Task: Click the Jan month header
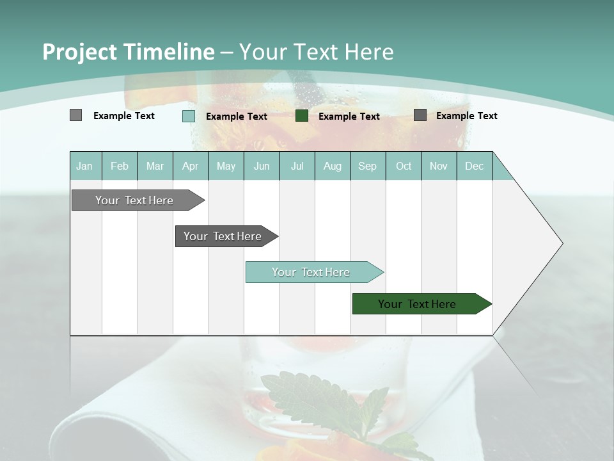coord(84,166)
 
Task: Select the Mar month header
coord(155,166)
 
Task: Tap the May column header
coord(226,166)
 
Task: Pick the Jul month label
coord(297,166)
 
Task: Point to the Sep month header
coord(367,166)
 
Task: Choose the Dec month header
coord(474,166)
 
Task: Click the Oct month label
coord(404,166)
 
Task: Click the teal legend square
coord(189,116)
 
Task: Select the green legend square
coord(302,116)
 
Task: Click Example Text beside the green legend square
coord(349,117)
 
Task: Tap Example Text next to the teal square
coord(237,117)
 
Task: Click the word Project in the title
coord(80,52)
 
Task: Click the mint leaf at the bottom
coord(320,403)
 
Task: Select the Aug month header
coord(332,166)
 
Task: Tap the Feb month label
coord(120,166)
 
